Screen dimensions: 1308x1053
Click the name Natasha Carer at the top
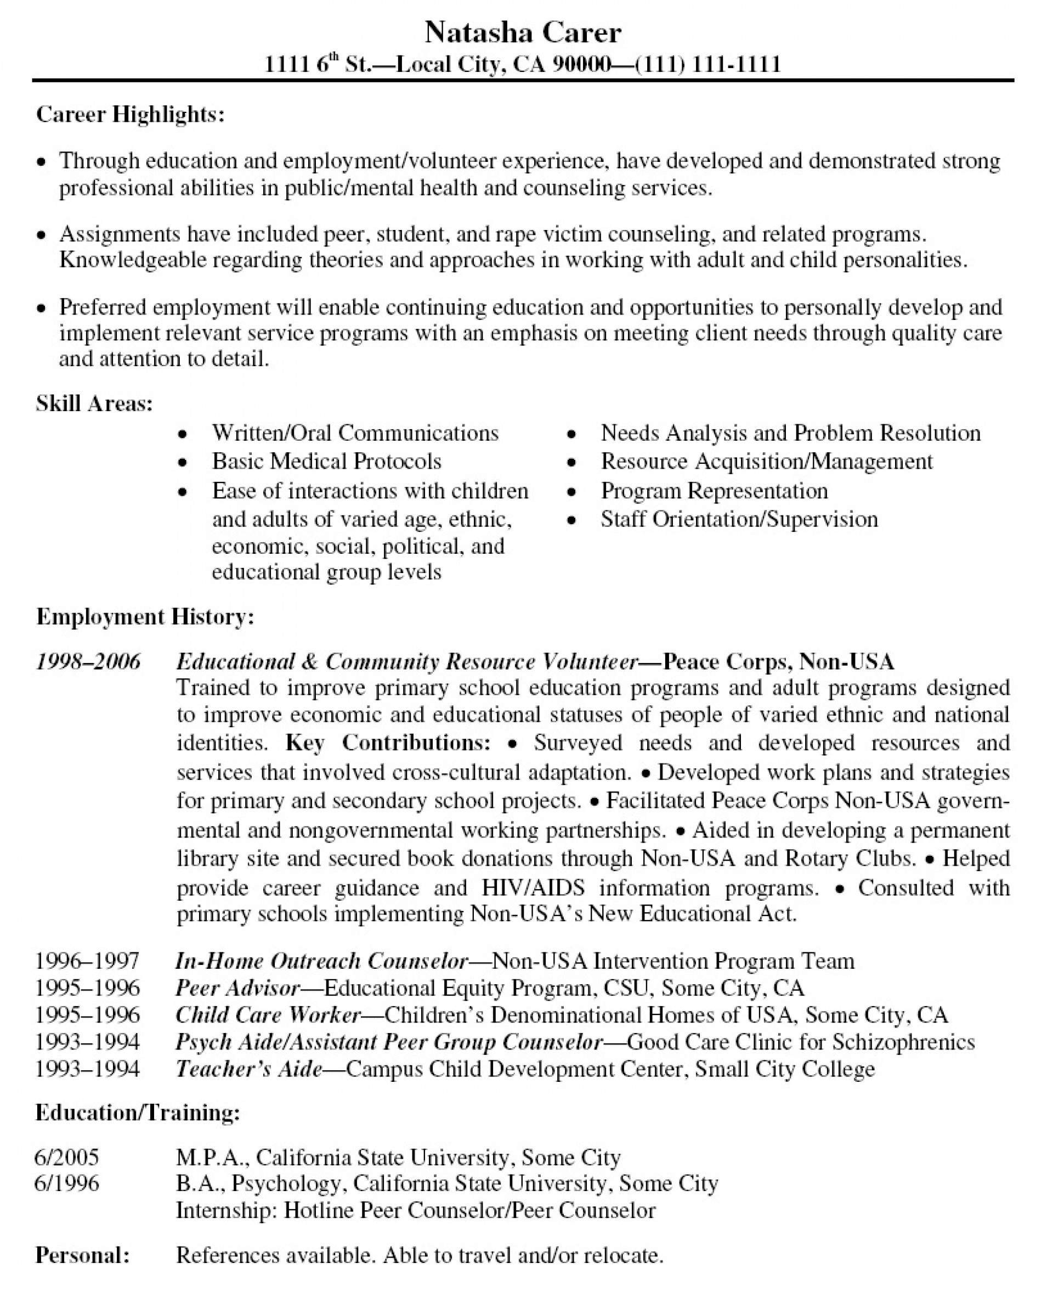click(523, 33)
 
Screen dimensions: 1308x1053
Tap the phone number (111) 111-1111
click(707, 64)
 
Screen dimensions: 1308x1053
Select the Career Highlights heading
click(131, 114)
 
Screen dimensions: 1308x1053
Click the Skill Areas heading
click(94, 403)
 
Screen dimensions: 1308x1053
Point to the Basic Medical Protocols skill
click(326, 461)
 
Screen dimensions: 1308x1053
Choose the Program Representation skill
click(714, 490)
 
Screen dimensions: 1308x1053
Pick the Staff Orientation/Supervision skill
click(739, 519)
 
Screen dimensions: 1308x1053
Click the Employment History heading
click(145, 616)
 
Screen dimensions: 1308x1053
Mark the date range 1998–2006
click(88, 661)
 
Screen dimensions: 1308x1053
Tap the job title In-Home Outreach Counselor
click(321, 961)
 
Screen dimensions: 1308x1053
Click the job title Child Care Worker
click(268, 1015)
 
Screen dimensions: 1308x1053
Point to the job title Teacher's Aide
click(248, 1068)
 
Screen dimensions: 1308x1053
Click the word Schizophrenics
click(903, 1042)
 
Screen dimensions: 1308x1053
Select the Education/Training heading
click(138, 1112)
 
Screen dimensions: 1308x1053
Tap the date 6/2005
click(67, 1157)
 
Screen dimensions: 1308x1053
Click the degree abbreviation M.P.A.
click(212, 1157)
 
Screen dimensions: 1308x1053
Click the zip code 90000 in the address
click(580, 64)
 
